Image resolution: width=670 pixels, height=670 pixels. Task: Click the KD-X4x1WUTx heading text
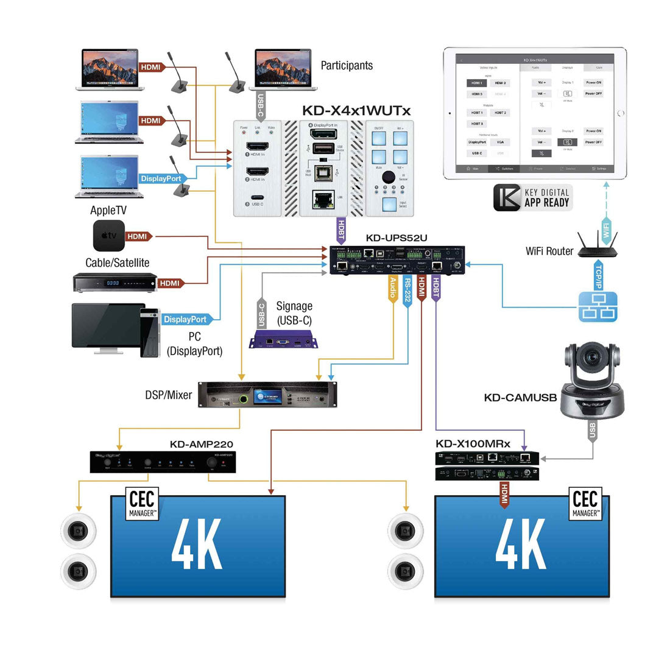(356, 110)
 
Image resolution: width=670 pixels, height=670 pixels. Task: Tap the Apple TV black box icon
(109, 236)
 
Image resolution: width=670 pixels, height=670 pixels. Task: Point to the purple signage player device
(284, 340)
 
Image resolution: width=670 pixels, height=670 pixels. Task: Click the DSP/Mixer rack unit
(267, 395)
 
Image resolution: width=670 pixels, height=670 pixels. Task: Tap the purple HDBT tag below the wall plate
(340, 232)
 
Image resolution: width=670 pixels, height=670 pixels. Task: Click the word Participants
(347, 66)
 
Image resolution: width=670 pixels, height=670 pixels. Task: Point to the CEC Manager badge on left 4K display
(142, 504)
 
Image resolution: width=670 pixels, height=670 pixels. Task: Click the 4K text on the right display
(521, 545)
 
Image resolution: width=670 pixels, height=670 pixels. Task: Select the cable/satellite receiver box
(114, 283)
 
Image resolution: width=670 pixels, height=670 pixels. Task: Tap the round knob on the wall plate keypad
(389, 177)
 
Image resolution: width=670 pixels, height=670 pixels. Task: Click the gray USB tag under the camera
(592, 431)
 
